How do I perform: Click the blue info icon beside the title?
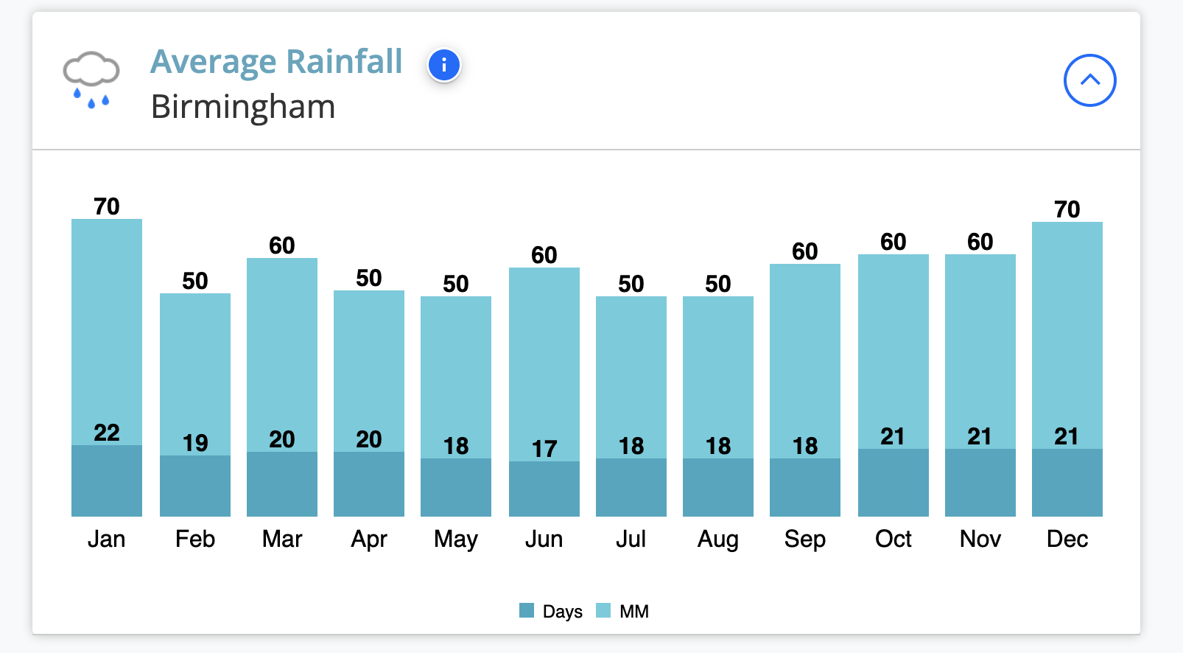tap(444, 66)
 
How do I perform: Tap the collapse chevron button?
tap(1089, 80)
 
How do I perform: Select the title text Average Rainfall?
tap(276, 62)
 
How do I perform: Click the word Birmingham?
tap(243, 107)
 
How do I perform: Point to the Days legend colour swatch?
tap(527, 610)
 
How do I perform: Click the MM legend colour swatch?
tap(603, 610)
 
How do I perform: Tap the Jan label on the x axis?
tap(107, 539)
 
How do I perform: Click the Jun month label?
tap(544, 539)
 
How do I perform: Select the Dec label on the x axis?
tap(1067, 539)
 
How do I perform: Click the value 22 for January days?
tap(107, 433)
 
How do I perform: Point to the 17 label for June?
tap(544, 449)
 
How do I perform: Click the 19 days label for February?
tap(195, 443)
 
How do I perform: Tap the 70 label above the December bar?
tap(1067, 209)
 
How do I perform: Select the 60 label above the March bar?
tap(282, 245)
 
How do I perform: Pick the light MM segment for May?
tap(456, 369)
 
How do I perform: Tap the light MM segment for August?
tap(718, 369)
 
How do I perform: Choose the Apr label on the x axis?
tap(369, 539)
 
